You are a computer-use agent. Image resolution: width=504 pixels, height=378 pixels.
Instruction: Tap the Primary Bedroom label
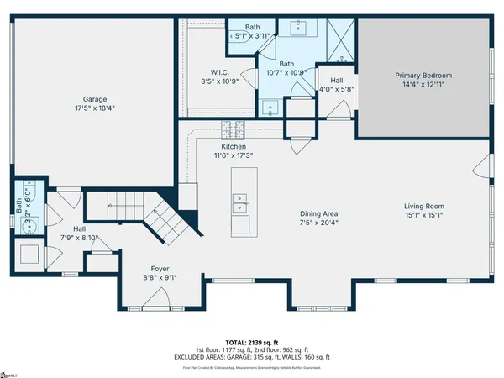(423, 76)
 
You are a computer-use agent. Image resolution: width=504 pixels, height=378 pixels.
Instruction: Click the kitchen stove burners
(233, 130)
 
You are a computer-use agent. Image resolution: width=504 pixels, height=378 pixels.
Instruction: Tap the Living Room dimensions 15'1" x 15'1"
(423, 215)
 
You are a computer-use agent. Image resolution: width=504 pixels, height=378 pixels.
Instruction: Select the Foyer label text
(160, 269)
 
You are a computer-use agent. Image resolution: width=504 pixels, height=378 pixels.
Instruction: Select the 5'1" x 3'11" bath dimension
(251, 36)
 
